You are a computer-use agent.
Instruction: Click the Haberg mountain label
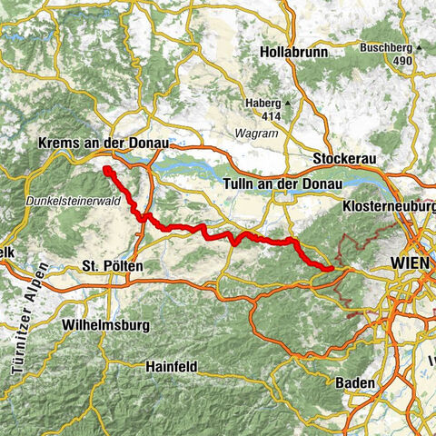tap(263, 103)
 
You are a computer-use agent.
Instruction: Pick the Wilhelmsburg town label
tap(101, 324)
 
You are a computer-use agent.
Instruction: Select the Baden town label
tap(354, 383)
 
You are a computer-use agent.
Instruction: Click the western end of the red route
tap(106, 170)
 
